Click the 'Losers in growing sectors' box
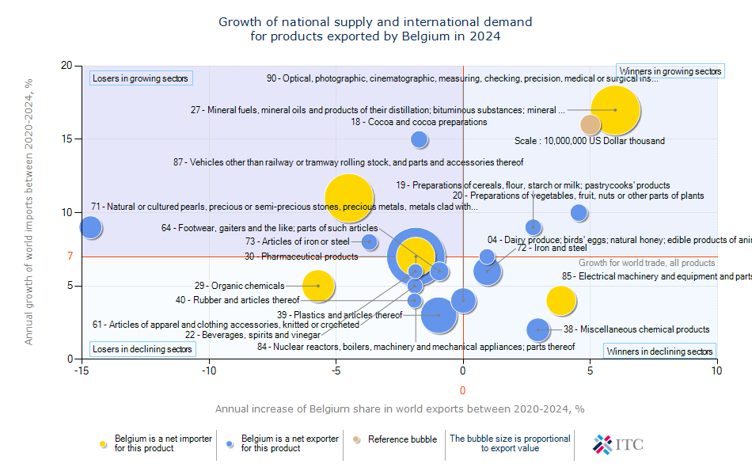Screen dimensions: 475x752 tap(141, 78)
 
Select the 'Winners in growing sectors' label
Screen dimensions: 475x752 tap(670, 71)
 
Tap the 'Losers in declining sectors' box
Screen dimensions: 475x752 tap(142, 349)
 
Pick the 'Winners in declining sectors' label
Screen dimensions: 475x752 tap(659, 351)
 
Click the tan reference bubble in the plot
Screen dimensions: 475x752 tap(591, 124)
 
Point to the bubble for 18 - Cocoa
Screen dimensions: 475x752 tap(420, 139)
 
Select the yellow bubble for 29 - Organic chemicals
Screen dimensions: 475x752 tap(318, 286)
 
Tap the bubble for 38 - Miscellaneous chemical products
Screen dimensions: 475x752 tap(538, 329)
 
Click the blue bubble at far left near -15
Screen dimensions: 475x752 tap(91, 227)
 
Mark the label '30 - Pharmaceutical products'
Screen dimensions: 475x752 tap(301, 256)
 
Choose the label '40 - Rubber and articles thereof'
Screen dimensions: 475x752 tap(237, 300)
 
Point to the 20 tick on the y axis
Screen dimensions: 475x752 tap(66, 66)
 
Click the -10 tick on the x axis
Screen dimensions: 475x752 tap(209, 369)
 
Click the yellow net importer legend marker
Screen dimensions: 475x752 tap(103, 443)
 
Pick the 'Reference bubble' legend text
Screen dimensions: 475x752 tap(402, 439)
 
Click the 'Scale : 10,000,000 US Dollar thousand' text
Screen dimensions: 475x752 tap(589, 141)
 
